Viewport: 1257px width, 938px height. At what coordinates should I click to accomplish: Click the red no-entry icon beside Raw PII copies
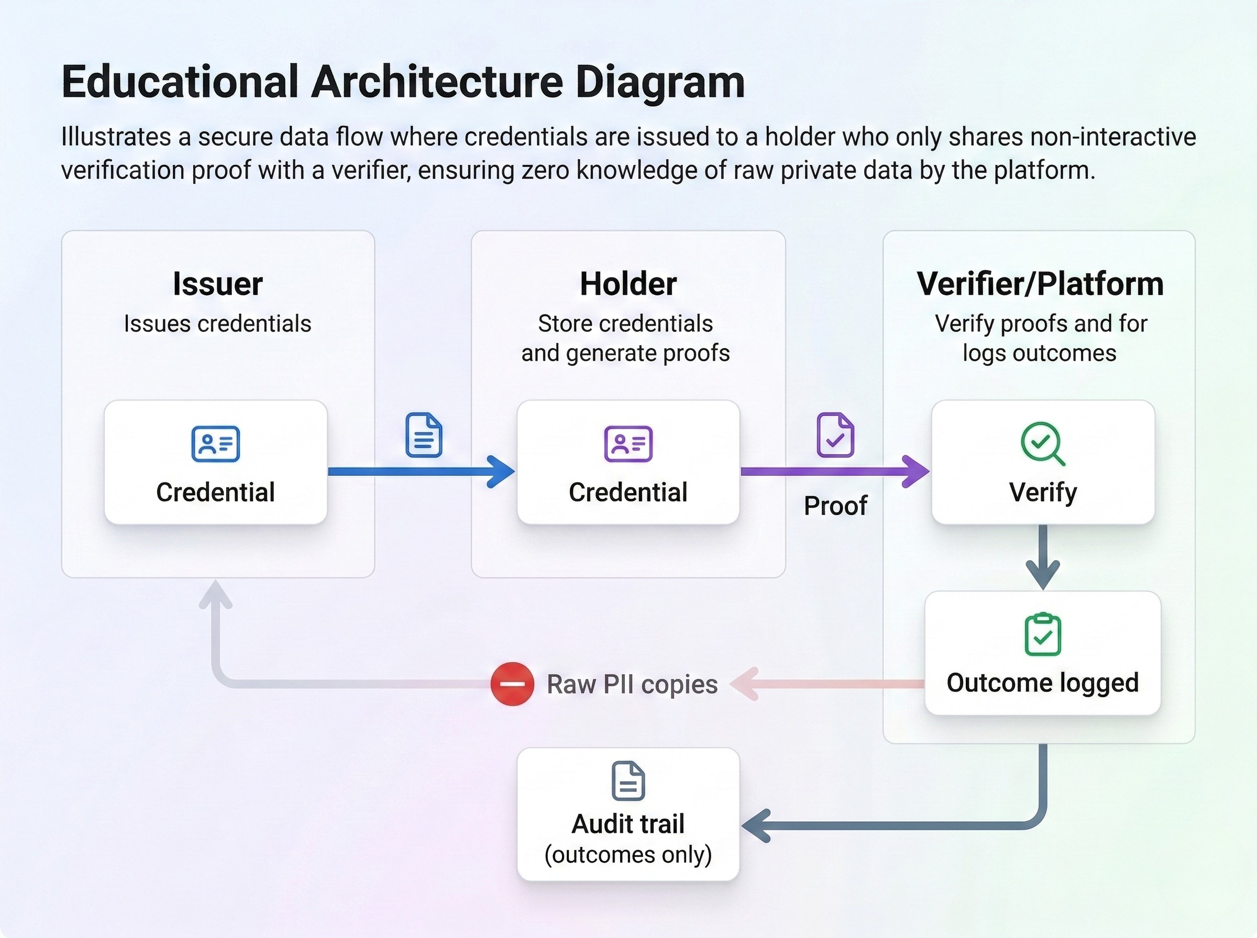point(512,684)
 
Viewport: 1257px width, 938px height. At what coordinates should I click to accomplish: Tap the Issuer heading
point(217,284)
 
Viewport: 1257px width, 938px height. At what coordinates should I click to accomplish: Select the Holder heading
point(627,284)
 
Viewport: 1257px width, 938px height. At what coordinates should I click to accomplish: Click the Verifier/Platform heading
point(1040,284)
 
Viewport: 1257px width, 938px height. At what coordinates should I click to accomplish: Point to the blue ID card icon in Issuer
point(215,443)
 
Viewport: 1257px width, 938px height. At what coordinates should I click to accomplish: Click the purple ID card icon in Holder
point(627,443)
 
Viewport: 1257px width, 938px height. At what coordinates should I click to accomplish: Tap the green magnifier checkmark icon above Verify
point(1042,443)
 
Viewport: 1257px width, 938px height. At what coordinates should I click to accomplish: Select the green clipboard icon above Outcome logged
point(1042,634)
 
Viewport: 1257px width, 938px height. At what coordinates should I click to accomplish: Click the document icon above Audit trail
point(627,781)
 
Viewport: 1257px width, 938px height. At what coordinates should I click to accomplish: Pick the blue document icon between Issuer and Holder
point(424,435)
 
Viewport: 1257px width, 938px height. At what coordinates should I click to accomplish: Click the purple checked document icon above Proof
point(835,435)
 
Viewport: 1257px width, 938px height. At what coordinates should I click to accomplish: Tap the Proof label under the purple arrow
point(835,505)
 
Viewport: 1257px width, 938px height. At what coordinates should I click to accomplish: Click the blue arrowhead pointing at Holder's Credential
point(502,471)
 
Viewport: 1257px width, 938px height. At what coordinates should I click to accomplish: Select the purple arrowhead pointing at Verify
point(916,471)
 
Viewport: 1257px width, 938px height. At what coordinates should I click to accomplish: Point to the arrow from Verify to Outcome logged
point(1043,556)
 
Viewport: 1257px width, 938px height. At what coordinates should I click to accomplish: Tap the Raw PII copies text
point(632,684)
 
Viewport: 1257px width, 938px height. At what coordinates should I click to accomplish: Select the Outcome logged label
point(1042,683)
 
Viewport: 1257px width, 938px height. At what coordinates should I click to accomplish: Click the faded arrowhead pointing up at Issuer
point(216,594)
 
